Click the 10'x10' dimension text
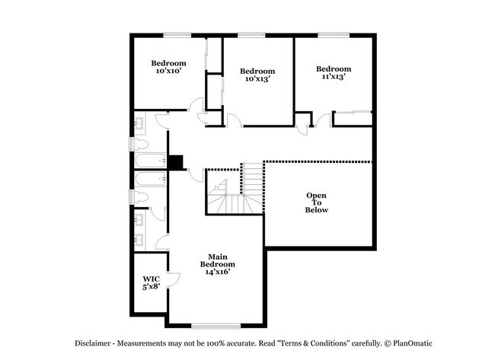(168, 71)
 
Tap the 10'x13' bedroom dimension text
(257, 78)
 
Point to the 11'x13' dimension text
(334, 76)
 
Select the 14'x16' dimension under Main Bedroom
(217, 272)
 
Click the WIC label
(152, 279)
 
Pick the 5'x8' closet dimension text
(152, 286)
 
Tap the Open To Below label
(316, 202)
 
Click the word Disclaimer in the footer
(92, 343)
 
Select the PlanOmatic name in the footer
(412, 343)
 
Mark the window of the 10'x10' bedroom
(177, 35)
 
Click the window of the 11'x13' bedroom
(334, 35)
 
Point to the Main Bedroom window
(216, 326)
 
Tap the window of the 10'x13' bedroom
(251, 35)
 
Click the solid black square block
(175, 162)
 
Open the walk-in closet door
(174, 279)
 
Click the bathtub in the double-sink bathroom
(151, 179)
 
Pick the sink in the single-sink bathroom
(139, 123)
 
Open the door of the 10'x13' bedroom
(234, 120)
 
